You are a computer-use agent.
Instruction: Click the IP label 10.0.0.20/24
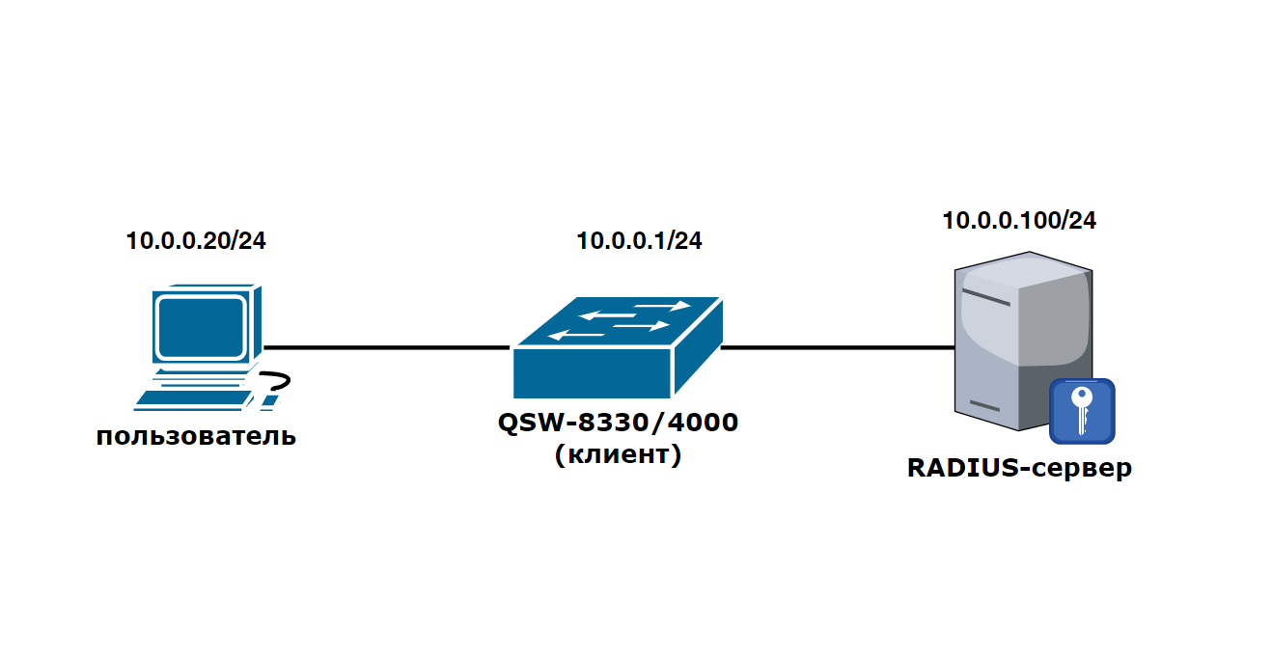pyautogui.click(x=196, y=241)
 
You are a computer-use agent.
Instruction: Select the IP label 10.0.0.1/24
pyautogui.click(x=639, y=241)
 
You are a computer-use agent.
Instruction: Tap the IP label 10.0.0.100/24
pyautogui.click(x=1019, y=221)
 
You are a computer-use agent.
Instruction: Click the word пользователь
pyautogui.click(x=196, y=437)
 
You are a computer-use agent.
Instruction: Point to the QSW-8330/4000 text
pyautogui.click(x=618, y=423)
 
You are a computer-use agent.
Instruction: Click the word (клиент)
pyautogui.click(x=618, y=454)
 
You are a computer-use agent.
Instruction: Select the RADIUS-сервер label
pyautogui.click(x=1019, y=469)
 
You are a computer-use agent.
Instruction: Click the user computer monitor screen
pyautogui.click(x=200, y=327)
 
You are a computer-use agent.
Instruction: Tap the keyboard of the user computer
pyautogui.click(x=193, y=398)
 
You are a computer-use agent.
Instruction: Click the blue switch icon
pyautogui.click(x=618, y=347)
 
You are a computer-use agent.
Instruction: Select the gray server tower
pyautogui.click(x=1013, y=338)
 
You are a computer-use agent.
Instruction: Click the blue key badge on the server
pyautogui.click(x=1082, y=411)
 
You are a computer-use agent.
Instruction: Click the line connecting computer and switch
pyautogui.click(x=386, y=347)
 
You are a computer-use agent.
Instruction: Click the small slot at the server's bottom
pyautogui.click(x=984, y=405)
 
